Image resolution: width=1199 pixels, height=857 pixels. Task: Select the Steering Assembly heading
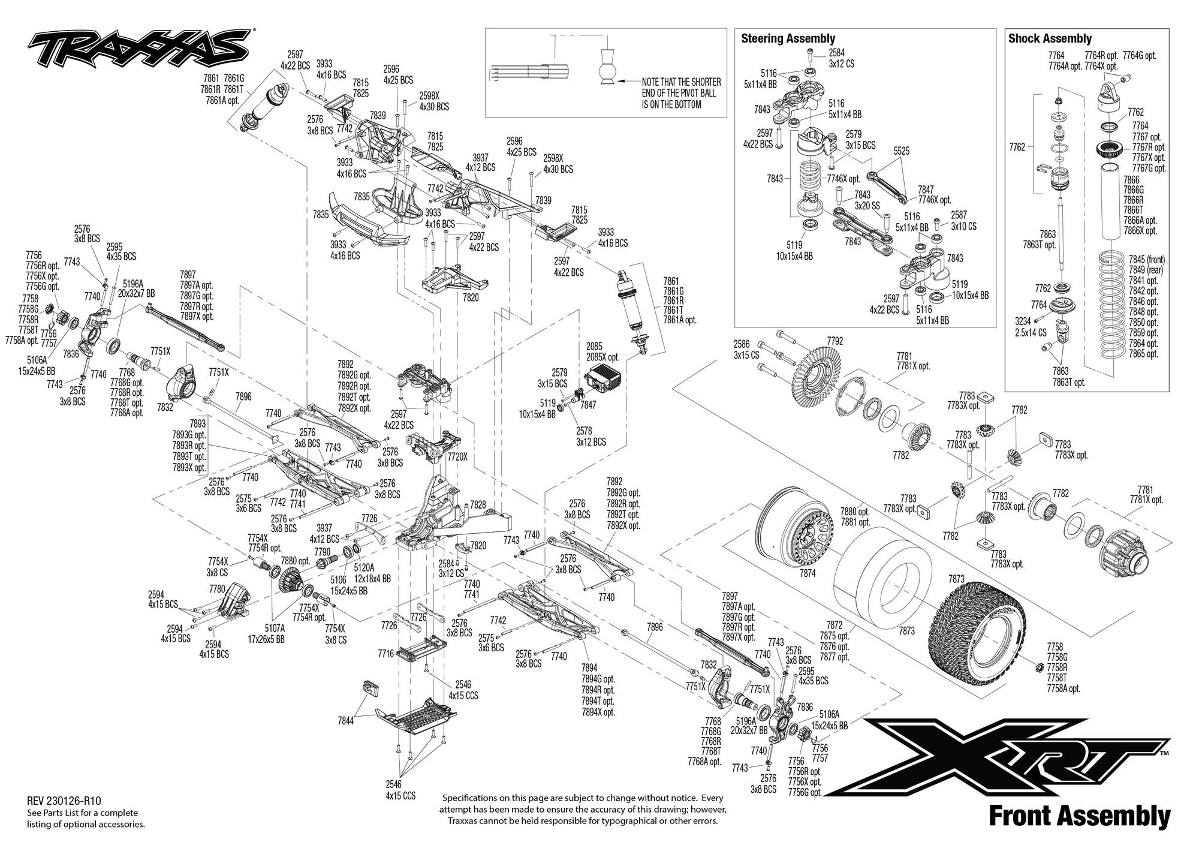[x=788, y=38]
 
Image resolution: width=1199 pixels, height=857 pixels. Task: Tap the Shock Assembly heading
[x=1050, y=38]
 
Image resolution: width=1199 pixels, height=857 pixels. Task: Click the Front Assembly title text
[x=1079, y=817]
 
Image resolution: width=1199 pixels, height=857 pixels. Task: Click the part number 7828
[x=478, y=504]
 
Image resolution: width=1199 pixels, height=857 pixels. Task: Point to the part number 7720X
[x=457, y=456]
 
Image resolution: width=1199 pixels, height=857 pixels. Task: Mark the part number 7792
[x=835, y=341]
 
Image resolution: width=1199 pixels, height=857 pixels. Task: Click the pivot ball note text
[x=681, y=93]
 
